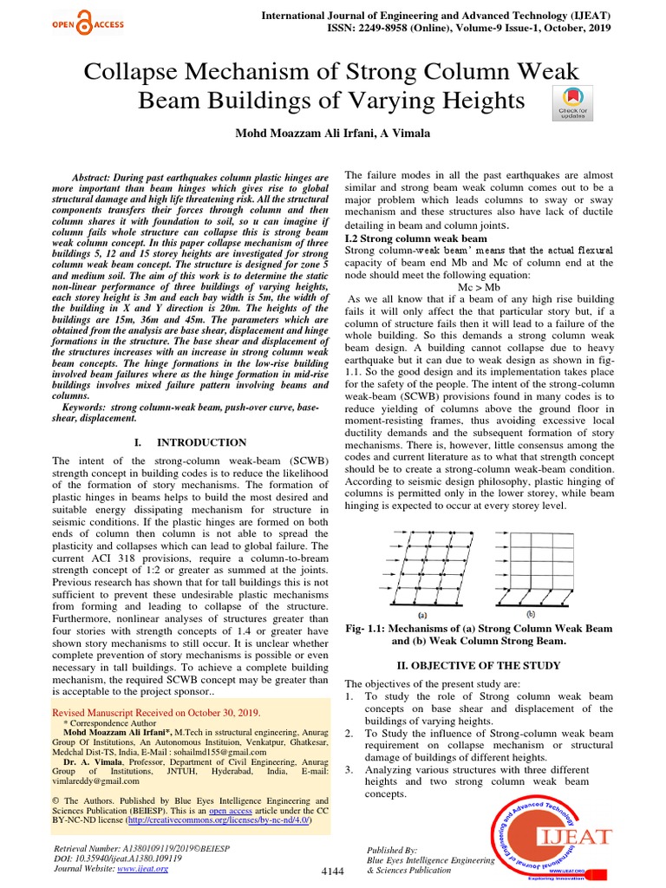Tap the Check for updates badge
point(572,103)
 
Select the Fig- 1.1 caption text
point(485,634)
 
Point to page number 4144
point(333,871)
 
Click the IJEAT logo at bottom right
point(556,837)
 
